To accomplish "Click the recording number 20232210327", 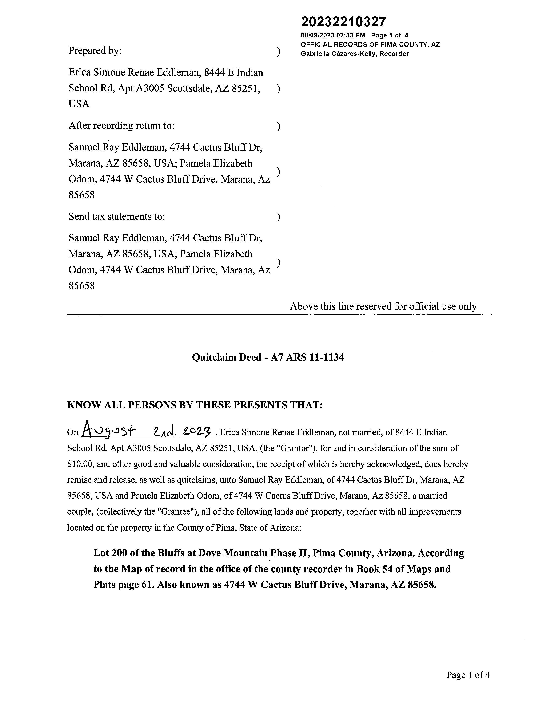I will [x=343, y=22].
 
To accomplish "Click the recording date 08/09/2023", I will [x=317, y=35].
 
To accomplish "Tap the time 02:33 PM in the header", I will [x=351, y=35].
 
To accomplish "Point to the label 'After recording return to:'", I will [x=121, y=126].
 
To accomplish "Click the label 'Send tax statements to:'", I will [x=117, y=217].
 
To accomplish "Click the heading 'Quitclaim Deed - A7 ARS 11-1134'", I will [x=268, y=357].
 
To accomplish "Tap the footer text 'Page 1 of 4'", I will [x=468, y=675].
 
